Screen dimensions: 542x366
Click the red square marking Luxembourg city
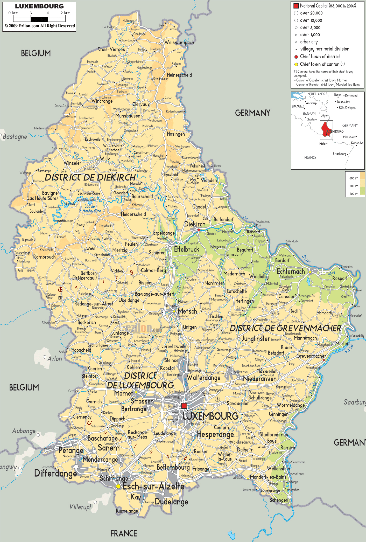point(184,406)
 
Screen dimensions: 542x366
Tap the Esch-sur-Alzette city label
point(153,486)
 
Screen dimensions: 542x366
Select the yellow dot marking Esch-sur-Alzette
point(118,487)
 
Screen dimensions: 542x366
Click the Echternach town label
point(291,272)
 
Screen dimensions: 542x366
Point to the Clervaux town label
point(141,104)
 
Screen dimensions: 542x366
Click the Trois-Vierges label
point(111,49)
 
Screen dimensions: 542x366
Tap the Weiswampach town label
point(179,43)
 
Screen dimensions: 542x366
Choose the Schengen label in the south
point(279,500)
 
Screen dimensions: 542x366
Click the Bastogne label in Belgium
point(15,137)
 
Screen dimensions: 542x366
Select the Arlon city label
point(55,359)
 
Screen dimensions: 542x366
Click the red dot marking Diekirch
point(199,230)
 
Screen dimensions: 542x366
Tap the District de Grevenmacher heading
point(285,328)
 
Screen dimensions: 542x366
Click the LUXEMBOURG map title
point(39,6)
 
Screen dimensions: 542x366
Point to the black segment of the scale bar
point(39,19)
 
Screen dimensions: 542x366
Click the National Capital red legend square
point(296,6)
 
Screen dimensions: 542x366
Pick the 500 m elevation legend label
point(354,178)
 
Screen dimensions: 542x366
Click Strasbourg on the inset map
point(339,154)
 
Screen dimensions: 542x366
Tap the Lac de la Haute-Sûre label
point(90,209)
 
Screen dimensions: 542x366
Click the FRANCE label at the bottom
point(124,533)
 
